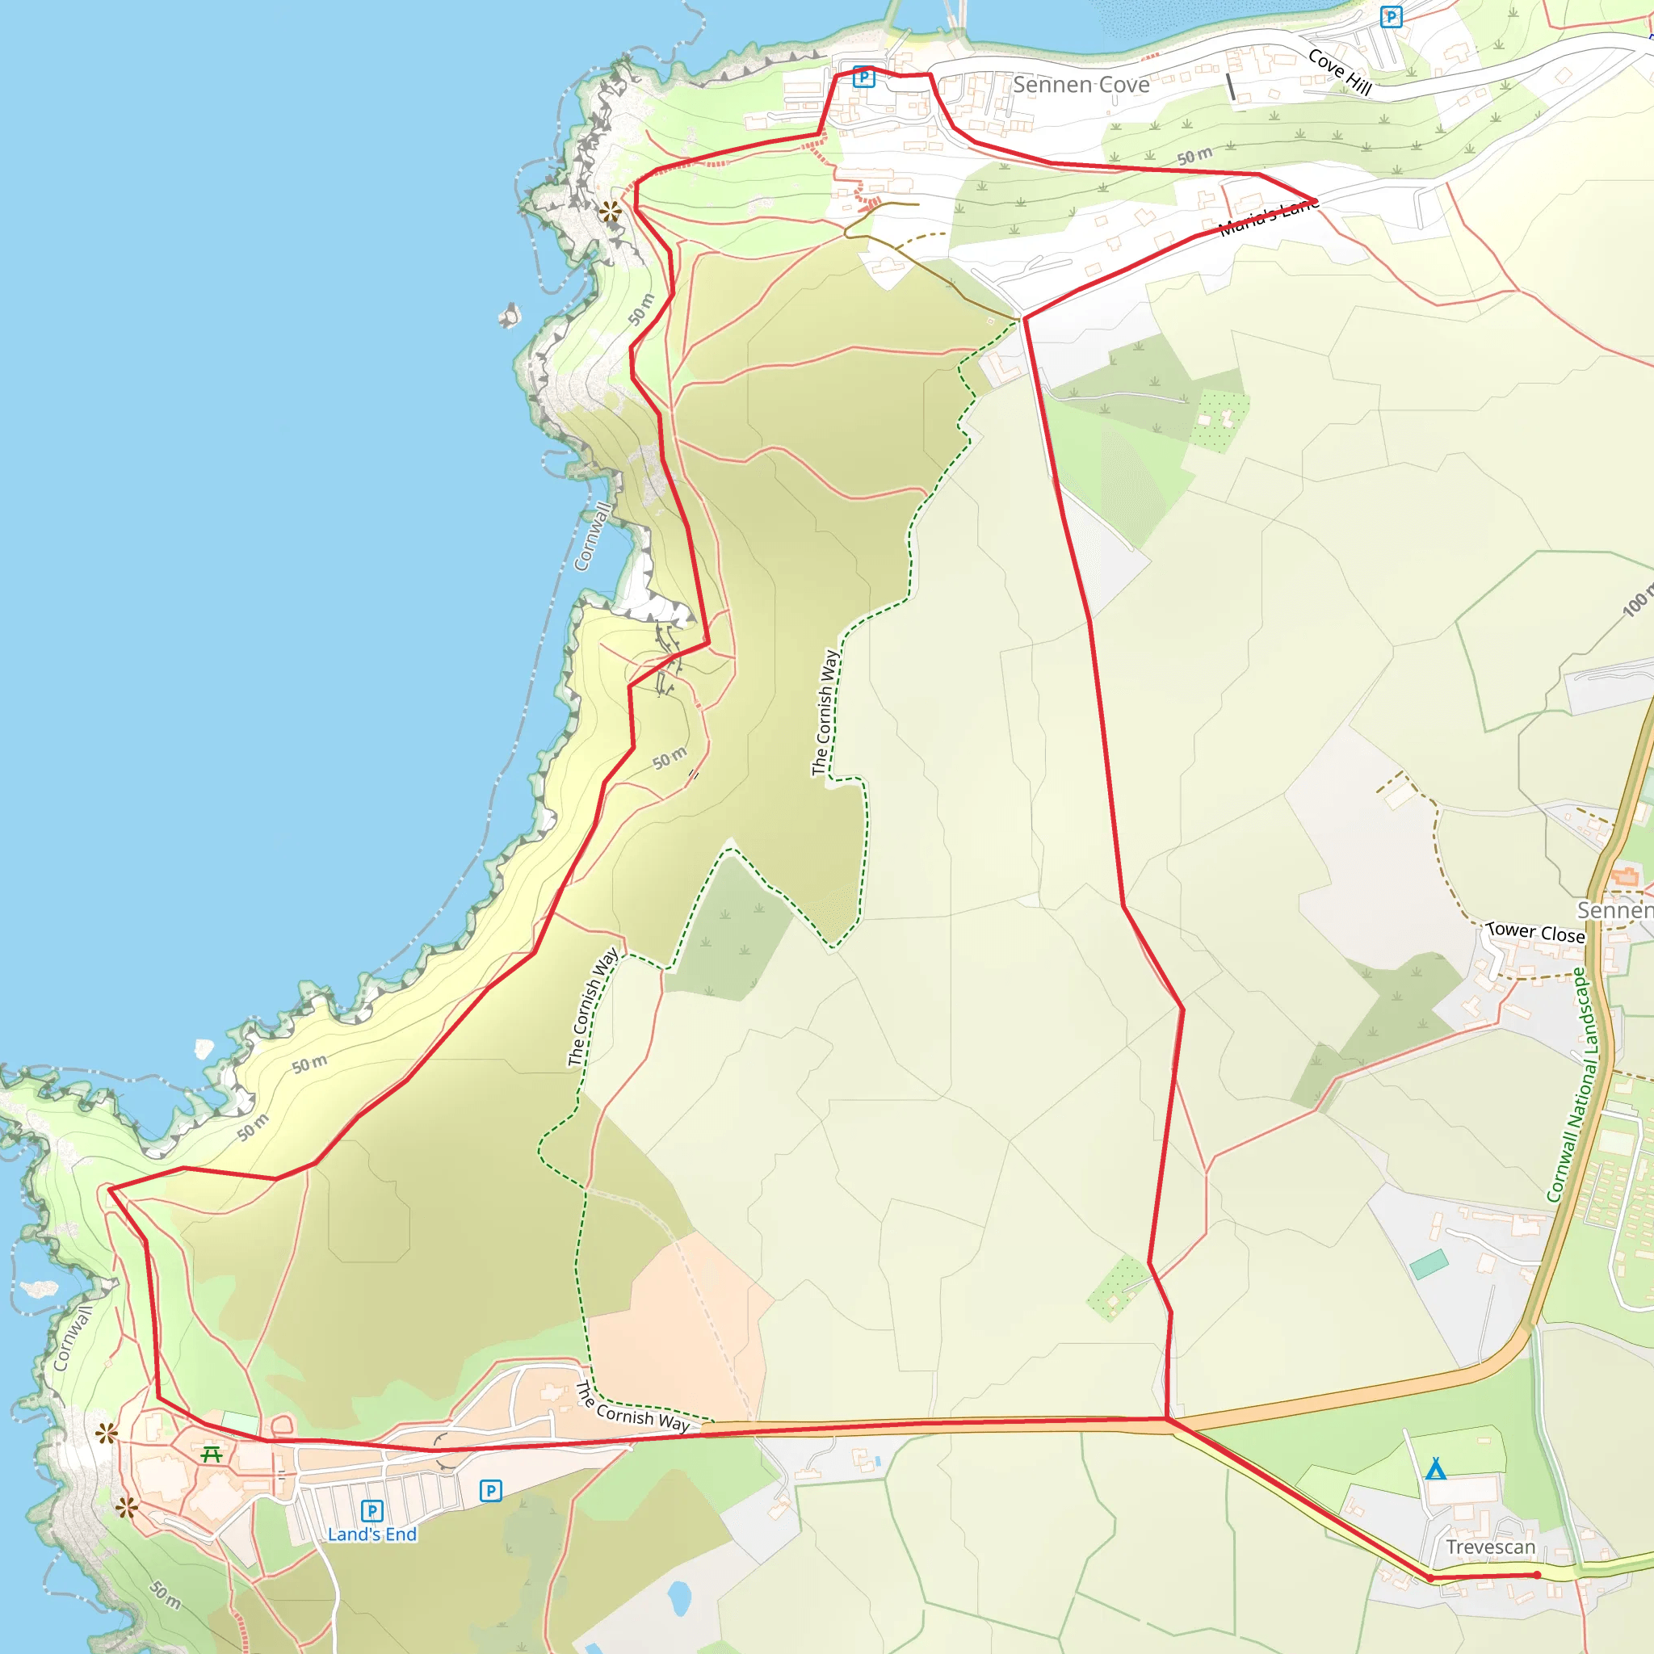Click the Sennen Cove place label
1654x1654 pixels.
click(x=1081, y=85)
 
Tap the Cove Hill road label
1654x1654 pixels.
click(x=1340, y=72)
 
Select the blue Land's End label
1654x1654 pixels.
click(x=372, y=1534)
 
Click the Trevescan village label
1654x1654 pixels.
click(x=1491, y=1547)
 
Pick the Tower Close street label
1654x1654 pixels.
click(x=1536, y=932)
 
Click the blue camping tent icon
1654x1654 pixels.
click(x=1436, y=1469)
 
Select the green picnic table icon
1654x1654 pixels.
click(x=212, y=1454)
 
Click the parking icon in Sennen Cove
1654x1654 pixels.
click(x=864, y=78)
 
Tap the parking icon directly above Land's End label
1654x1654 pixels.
click(x=372, y=1510)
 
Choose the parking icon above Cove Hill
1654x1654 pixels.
click(x=1392, y=16)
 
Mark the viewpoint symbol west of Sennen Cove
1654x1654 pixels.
click(x=611, y=211)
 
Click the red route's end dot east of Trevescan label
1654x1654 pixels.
click(x=1537, y=1574)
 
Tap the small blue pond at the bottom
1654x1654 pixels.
click(x=679, y=1597)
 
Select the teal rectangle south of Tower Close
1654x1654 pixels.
click(x=1429, y=1264)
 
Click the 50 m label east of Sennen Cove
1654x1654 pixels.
click(x=1194, y=156)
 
